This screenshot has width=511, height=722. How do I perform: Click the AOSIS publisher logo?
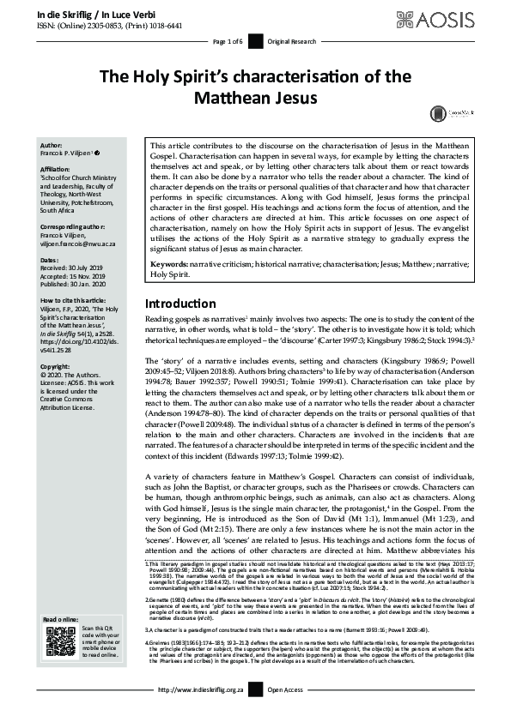pos(460,17)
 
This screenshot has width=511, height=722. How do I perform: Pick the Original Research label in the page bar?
pos(292,41)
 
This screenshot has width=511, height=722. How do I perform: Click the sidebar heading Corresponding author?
pos(75,221)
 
